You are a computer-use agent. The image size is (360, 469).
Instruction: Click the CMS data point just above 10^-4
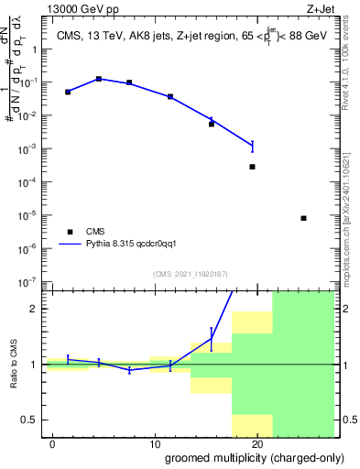tap(252, 167)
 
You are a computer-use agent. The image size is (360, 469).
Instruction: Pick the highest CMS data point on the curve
tap(99, 79)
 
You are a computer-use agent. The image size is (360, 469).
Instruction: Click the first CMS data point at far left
tap(68, 92)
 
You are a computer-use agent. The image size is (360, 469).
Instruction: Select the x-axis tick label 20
tap(257, 444)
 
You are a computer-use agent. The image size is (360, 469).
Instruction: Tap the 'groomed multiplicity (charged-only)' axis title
tap(243, 458)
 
